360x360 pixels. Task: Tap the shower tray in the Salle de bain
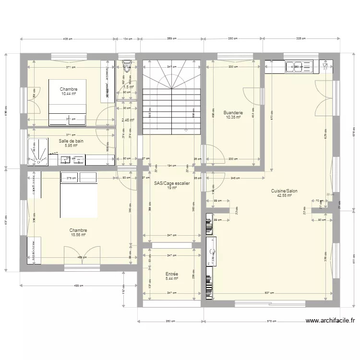pos(37,152)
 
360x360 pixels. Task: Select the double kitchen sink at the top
pos(299,67)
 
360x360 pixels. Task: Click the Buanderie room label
pos(233,113)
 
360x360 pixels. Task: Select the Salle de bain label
pos(71,141)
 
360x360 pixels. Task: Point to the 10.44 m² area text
pos(69,94)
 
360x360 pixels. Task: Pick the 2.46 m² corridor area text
pos(127,120)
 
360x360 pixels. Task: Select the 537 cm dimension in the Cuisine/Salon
pos(269,293)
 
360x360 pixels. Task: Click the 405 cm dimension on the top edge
pos(67,39)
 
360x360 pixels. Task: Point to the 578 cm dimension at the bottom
pos(272,322)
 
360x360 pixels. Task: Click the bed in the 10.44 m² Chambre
pos(67,101)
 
